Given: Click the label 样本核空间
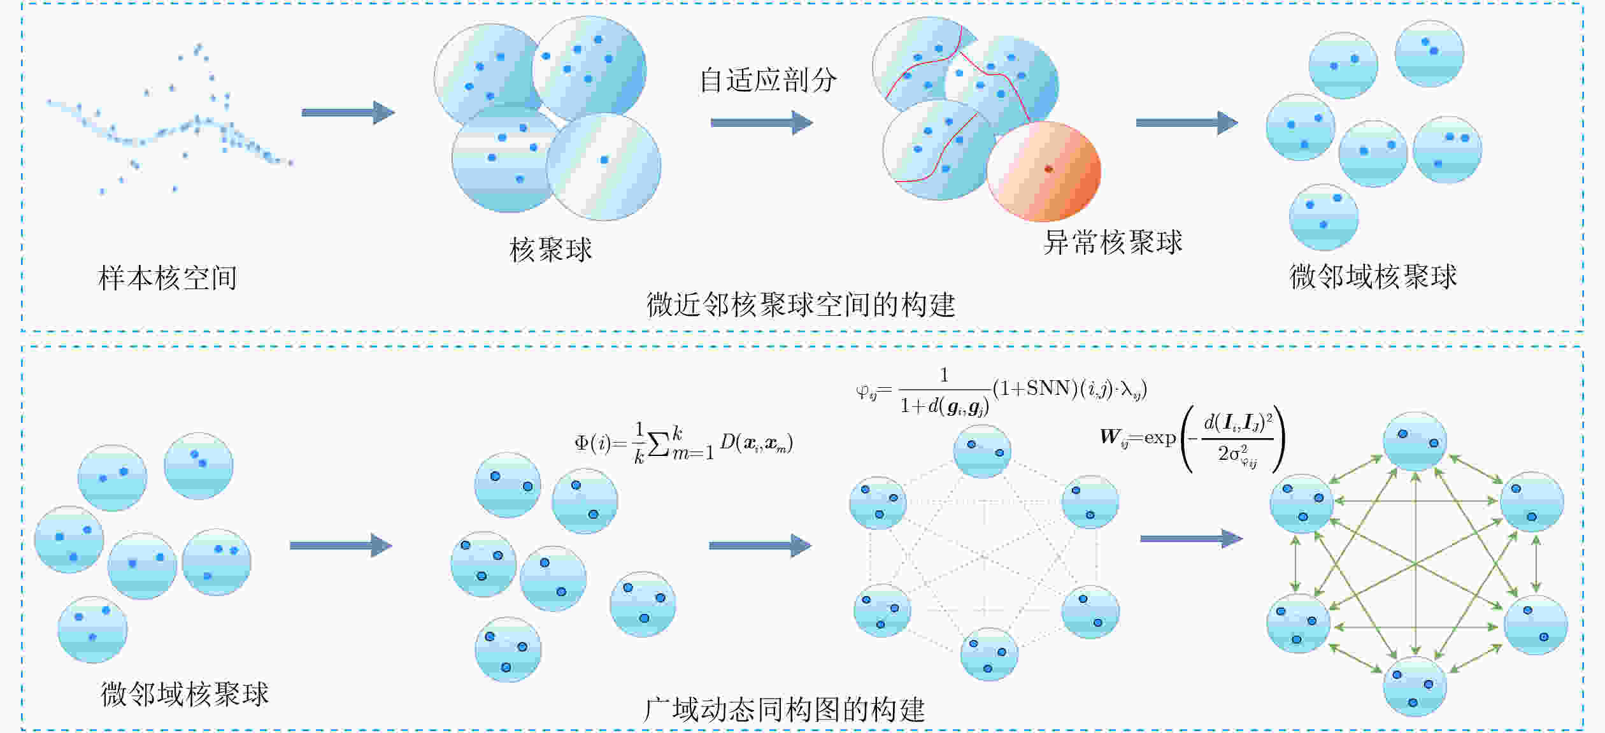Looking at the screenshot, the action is point(168,278).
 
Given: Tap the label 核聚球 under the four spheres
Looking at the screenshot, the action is point(551,250).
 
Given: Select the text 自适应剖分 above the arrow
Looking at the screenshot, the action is point(768,80).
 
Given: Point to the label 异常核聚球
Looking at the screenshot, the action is point(1113,243).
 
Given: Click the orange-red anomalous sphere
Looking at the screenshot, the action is point(1044,171).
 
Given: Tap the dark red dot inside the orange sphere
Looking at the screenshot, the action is point(1048,169).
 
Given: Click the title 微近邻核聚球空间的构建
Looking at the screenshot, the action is point(801,304).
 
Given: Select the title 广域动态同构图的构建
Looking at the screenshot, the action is point(784,709).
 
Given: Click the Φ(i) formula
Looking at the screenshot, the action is point(684,443).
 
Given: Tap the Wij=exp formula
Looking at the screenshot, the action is point(1192,439).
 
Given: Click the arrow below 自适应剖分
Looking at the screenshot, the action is point(762,122).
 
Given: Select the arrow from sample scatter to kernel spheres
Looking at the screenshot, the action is point(348,113).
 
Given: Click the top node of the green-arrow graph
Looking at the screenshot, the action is point(1415,441).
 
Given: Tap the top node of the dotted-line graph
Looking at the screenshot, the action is point(982,451).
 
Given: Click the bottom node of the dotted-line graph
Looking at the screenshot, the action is point(989,654).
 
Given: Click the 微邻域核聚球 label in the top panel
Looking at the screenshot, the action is point(1373,276).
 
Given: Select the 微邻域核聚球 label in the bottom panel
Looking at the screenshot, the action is point(185,694).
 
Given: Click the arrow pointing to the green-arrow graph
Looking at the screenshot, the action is point(1191,539).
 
